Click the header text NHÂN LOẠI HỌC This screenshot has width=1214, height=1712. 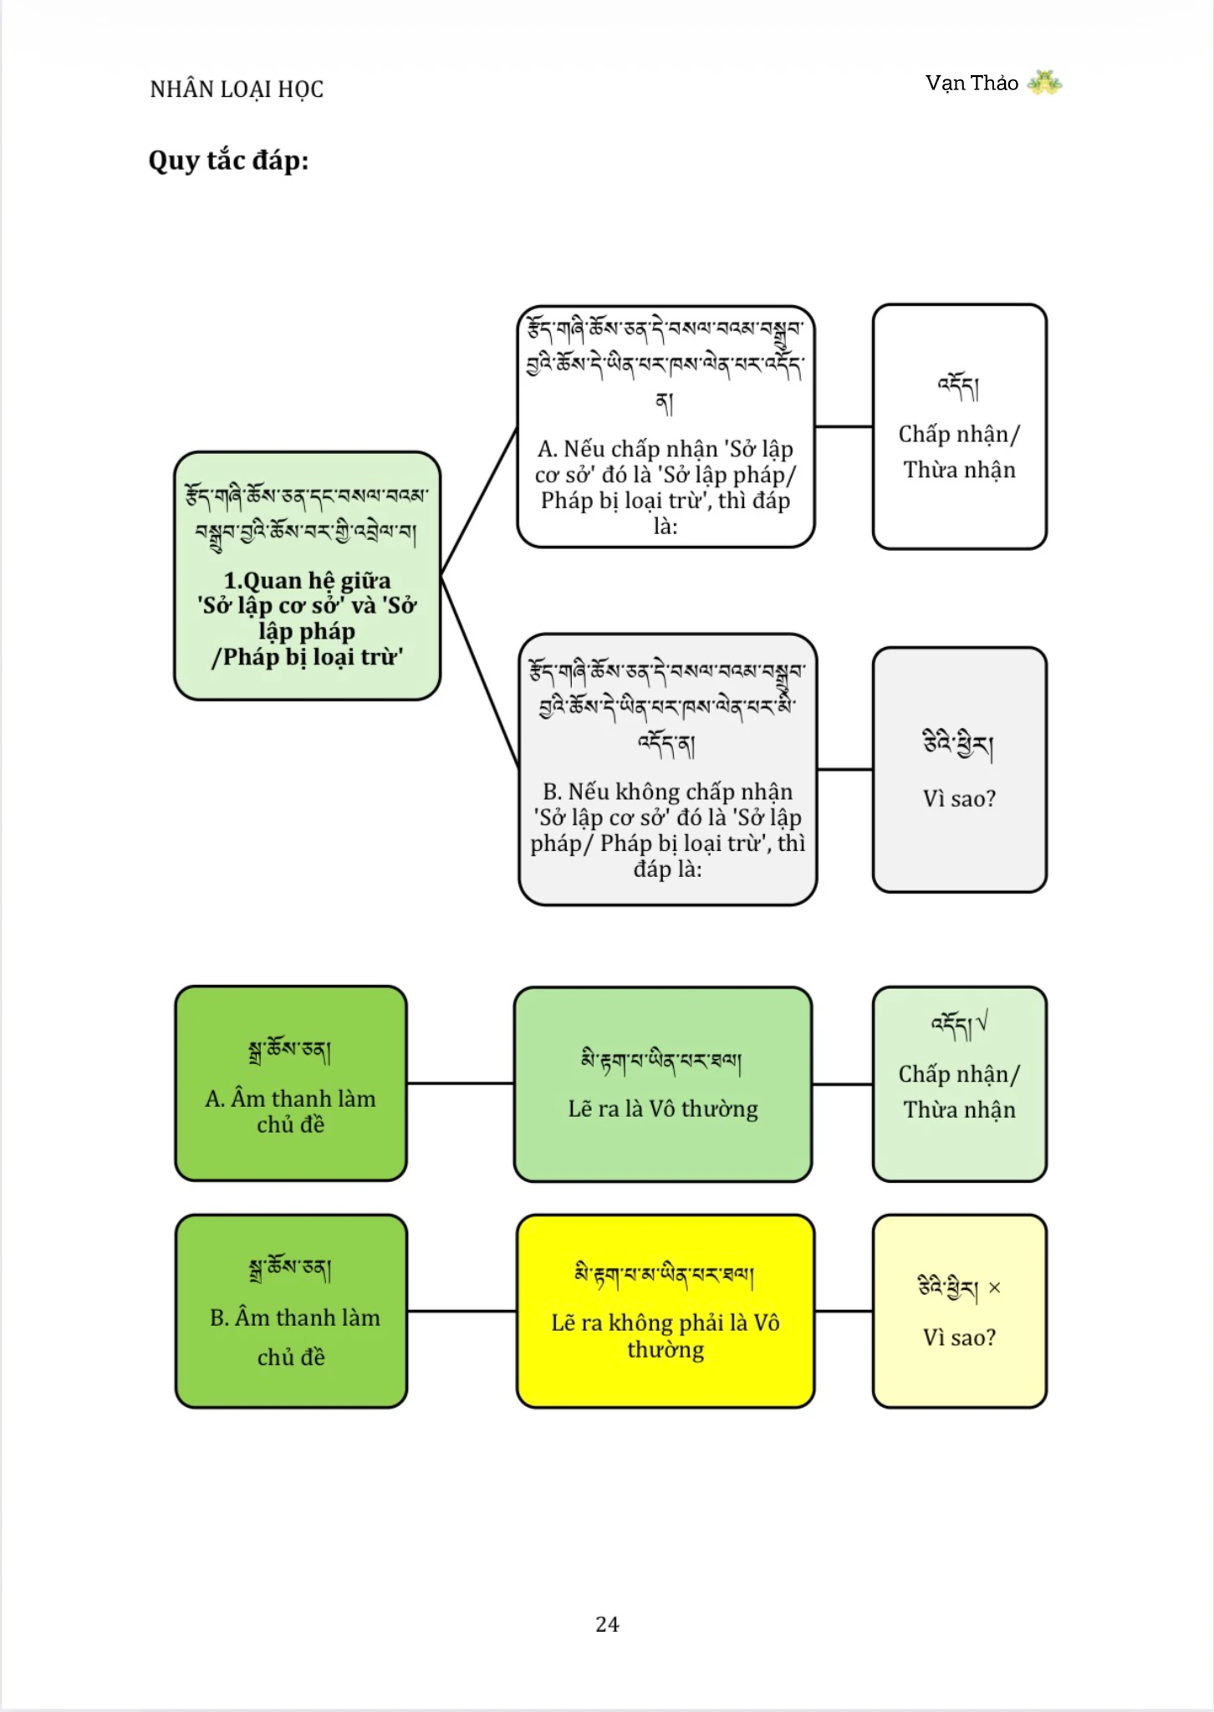coord(237,89)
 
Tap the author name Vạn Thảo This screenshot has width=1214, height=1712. coord(972,83)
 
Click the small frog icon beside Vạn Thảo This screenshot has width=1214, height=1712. coord(1044,82)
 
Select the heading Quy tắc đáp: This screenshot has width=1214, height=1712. coord(228,160)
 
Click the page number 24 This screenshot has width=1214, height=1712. coord(607,1623)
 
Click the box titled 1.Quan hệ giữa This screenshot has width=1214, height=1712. coord(307,576)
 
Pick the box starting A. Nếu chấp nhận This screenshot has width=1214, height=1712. coord(666,426)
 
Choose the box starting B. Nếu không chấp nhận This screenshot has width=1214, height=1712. coord(667,769)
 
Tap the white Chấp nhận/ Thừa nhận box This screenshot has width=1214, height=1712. coord(959,426)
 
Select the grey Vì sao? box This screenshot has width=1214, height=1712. coord(959,770)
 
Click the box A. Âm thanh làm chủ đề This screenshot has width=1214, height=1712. coord(291,1083)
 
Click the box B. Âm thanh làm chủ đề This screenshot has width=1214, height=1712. coord(291,1311)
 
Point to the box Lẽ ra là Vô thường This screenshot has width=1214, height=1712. coord(663,1084)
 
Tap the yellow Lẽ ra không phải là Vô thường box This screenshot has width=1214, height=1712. coord(666,1311)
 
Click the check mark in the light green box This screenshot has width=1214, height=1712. coord(982,1021)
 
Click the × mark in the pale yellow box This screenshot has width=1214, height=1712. coord(994,1287)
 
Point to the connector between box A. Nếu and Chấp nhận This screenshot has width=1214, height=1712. coord(844,426)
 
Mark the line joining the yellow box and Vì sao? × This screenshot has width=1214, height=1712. coord(844,1311)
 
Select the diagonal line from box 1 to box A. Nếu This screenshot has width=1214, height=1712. coord(479,501)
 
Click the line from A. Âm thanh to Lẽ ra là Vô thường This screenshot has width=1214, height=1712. coord(461,1083)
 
